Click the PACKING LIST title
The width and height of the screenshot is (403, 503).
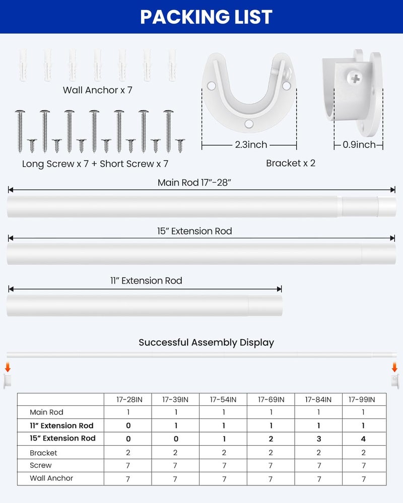click(206, 17)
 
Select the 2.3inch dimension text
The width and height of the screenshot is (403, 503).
click(250, 145)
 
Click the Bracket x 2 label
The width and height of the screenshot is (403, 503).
click(291, 163)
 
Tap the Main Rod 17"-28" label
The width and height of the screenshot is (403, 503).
click(194, 183)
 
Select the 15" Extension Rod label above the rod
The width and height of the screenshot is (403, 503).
click(194, 231)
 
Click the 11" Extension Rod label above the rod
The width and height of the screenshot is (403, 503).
click(146, 281)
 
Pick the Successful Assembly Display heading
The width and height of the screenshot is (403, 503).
click(206, 343)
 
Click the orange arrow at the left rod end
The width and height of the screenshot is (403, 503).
click(8, 368)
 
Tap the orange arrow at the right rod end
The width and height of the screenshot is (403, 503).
click(395, 368)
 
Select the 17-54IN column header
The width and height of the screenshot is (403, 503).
click(223, 399)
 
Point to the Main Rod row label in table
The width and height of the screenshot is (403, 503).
click(46, 412)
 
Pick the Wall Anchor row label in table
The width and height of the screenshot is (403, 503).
click(51, 478)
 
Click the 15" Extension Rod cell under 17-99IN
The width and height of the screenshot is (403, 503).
click(364, 439)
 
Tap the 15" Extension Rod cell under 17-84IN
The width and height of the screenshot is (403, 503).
click(318, 439)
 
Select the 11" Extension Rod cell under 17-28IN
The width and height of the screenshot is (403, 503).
click(128, 426)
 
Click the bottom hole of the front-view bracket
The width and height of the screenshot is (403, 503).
click(248, 123)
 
